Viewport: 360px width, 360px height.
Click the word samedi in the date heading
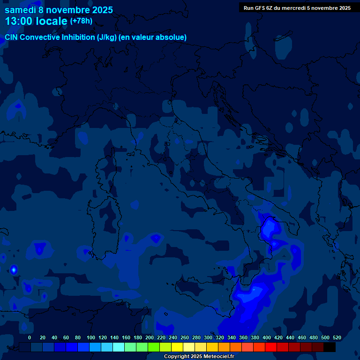[x=19, y=9]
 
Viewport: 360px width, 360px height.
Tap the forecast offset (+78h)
[x=82, y=21]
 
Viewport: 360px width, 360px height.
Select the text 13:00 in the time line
[x=18, y=22]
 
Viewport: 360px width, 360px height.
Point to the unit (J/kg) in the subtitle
[x=108, y=37]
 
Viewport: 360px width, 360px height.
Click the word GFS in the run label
[x=261, y=8]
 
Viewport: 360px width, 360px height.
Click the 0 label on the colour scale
[x=30, y=337]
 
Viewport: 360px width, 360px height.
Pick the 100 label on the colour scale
[x=91, y=337]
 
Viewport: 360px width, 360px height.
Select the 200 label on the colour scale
[x=150, y=337]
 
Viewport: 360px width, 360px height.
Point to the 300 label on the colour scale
[x=208, y=337]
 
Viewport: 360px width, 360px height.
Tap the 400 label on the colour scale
[x=267, y=337]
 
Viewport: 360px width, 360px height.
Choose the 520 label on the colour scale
[x=337, y=337]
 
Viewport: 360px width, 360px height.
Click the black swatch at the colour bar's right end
[x=330, y=347]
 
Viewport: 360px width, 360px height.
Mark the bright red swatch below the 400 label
[x=271, y=347]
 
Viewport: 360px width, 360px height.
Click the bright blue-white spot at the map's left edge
[x=14, y=270]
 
